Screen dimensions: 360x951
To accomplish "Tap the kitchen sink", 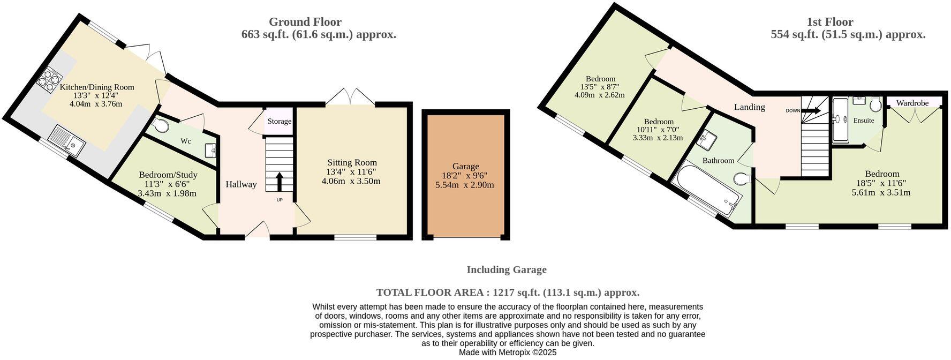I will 66,141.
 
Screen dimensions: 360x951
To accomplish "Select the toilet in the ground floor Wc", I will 160,125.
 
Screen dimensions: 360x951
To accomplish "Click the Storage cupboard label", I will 280,122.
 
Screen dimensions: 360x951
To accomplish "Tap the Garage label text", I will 465,166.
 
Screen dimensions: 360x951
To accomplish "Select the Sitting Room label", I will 352,162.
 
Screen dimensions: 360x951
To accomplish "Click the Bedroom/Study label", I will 168,175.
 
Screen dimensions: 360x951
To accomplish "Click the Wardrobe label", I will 912,103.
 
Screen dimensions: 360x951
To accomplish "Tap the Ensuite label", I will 863,121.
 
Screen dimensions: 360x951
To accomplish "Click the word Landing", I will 749,107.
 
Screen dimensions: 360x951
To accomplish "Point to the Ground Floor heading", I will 305,22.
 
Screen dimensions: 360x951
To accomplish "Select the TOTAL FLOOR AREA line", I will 507,292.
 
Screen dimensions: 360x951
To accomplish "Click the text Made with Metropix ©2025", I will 508,352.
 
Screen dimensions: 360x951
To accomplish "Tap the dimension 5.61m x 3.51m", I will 881,193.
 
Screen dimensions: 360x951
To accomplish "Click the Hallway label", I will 240,184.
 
